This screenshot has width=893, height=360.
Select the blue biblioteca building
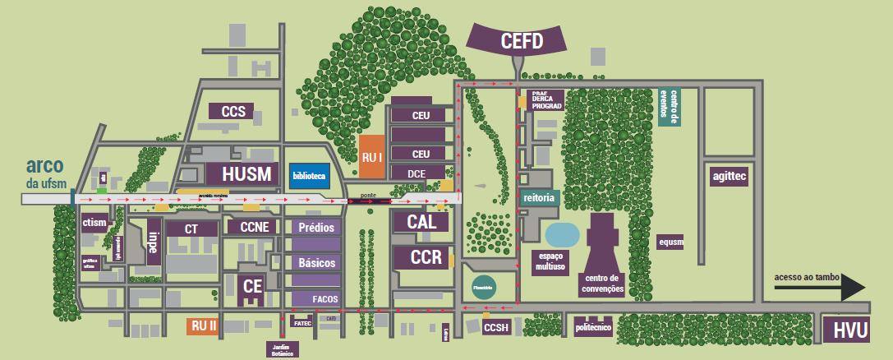[309, 176]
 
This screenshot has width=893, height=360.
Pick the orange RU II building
[204, 325]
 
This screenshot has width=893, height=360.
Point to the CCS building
[233, 111]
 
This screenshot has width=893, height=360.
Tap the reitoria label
[539, 198]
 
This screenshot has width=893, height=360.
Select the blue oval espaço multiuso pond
[563, 235]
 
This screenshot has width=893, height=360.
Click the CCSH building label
[496, 328]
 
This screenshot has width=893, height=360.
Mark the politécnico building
[594, 326]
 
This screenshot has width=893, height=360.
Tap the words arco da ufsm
[45, 172]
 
